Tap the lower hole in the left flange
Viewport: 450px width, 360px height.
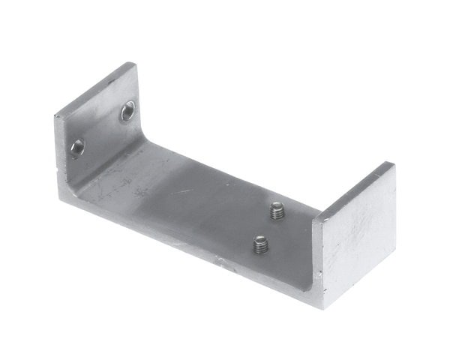77,147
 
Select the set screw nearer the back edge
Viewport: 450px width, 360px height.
277,211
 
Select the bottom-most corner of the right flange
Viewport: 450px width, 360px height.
324,306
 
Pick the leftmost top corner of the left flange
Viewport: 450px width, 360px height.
55,115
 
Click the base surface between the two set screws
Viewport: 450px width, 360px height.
268,226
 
